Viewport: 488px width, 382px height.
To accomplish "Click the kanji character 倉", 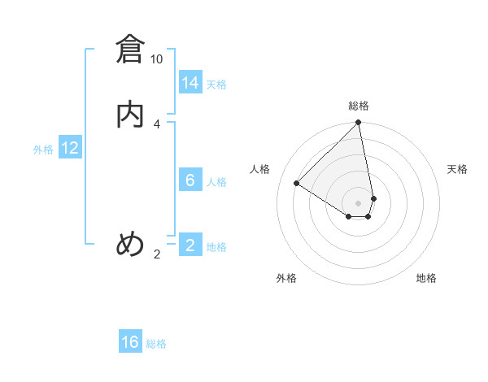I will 130,50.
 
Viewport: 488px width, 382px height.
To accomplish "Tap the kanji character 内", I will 130,115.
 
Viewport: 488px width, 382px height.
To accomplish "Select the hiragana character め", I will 130,244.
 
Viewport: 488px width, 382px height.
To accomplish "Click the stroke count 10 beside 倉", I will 156,59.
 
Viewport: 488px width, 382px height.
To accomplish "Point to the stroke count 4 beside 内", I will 156,124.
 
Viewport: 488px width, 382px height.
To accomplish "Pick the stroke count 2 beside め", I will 156,254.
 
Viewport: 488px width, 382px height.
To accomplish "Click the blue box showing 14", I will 190,83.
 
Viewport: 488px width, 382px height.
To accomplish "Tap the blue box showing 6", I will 190,180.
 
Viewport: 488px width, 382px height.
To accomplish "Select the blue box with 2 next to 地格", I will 190,245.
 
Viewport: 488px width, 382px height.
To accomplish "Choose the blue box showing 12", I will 70,148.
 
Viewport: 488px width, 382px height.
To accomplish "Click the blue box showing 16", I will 130,342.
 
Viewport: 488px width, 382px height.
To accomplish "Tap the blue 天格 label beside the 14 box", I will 216,85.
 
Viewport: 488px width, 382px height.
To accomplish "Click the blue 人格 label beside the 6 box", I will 216,182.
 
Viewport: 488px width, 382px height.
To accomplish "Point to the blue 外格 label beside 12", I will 43,150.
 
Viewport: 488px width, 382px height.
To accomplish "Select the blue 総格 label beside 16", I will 156,344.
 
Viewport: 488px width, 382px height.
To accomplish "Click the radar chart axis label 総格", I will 359,106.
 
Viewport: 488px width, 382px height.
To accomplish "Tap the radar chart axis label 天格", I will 457,169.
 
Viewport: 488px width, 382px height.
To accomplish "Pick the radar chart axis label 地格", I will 426,278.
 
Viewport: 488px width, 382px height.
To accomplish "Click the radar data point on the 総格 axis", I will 359,123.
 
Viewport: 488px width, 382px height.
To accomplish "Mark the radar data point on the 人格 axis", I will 297,184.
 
